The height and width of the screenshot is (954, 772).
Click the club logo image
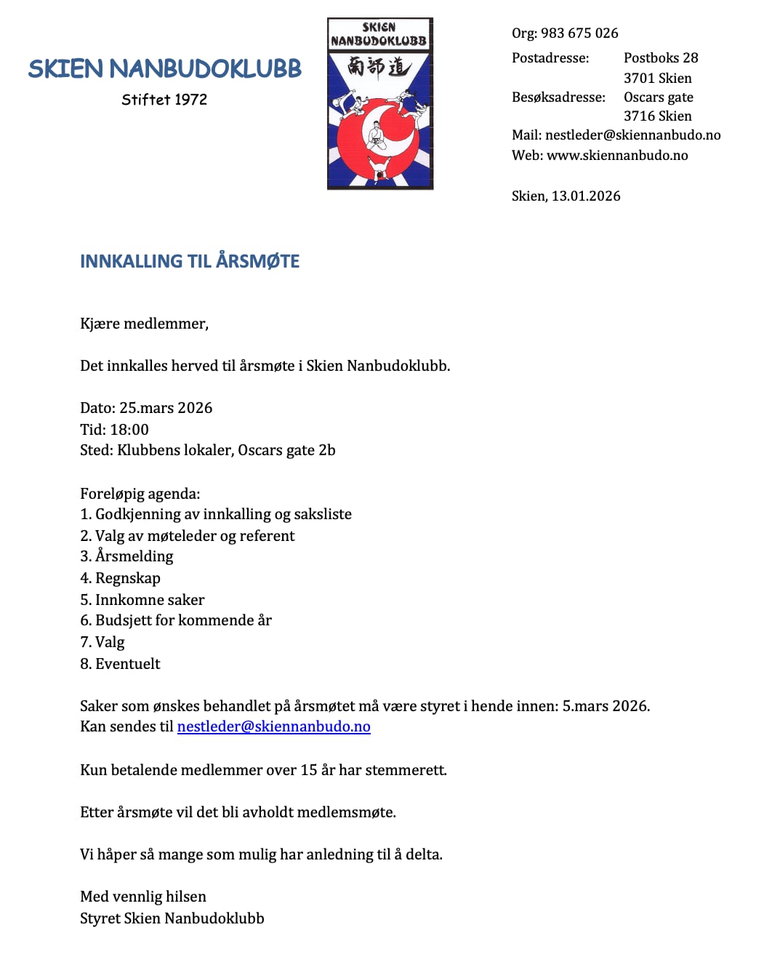click(x=380, y=104)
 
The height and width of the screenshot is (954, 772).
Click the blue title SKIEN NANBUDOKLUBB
click(x=165, y=69)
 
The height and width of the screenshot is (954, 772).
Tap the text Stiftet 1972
click(x=164, y=100)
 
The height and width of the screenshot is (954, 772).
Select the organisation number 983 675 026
click(x=579, y=33)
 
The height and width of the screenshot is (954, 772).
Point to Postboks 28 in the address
click(x=661, y=58)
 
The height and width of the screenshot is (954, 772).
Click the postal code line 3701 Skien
click(x=658, y=79)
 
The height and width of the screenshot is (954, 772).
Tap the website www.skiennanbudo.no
click(x=617, y=156)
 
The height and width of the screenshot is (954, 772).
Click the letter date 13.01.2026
click(x=586, y=196)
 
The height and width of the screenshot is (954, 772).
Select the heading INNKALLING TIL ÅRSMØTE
click(x=190, y=262)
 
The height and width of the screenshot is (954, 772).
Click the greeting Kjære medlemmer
click(x=144, y=324)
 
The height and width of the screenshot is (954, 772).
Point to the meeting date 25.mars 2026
click(x=166, y=408)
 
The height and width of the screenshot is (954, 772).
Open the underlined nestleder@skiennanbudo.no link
click(x=274, y=727)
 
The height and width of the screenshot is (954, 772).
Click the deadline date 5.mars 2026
click(x=606, y=706)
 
